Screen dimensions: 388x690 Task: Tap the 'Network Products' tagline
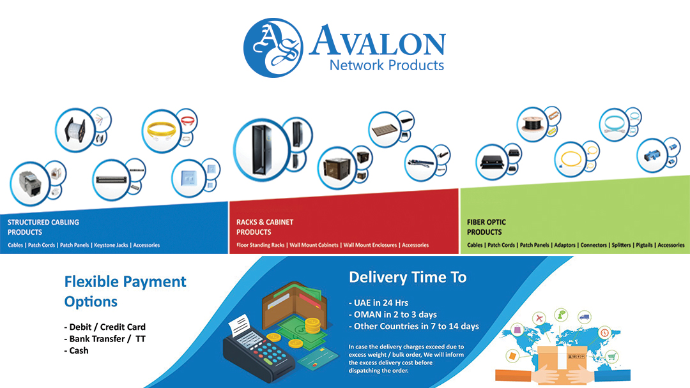386,64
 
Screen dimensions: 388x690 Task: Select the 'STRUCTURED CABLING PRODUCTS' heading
43,227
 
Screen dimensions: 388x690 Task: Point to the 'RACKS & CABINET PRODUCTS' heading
264,227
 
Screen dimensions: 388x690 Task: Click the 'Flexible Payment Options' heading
125,291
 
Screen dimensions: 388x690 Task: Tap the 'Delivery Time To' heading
408,278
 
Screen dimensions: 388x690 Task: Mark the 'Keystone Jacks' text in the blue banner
111,245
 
